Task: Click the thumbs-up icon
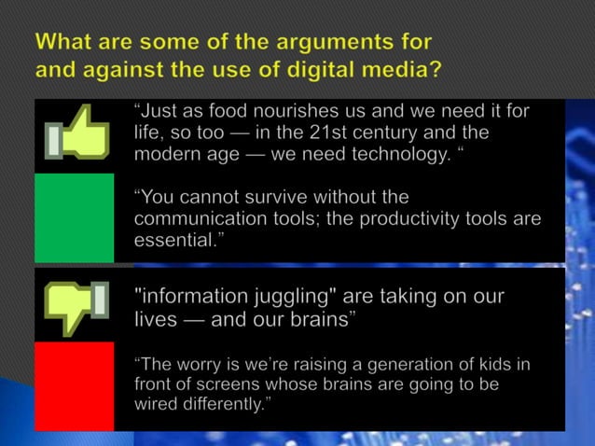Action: tap(76, 134)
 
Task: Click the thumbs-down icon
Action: tap(76, 306)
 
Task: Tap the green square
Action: tap(75, 217)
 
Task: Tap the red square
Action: tap(75, 385)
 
